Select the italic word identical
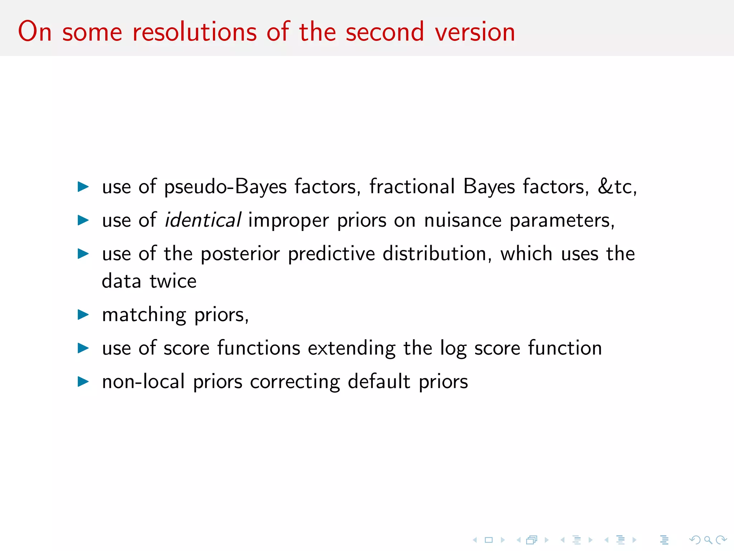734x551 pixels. click(x=202, y=220)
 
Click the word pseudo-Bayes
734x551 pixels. click(x=225, y=187)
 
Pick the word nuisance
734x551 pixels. click(x=463, y=220)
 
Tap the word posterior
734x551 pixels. click(x=240, y=254)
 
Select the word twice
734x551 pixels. click(x=173, y=281)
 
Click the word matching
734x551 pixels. click(x=144, y=315)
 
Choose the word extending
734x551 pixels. click(x=352, y=348)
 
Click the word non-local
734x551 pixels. click(x=143, y=381)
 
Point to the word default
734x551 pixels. click(x=379, y=381)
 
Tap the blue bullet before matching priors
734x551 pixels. click(x=83, y=315)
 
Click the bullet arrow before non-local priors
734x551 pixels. click(x=83, y=381)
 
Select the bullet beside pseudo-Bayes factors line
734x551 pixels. click(x=83, y=187)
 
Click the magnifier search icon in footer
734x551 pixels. click(x=708, y=540)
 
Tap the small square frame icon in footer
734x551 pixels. click(x=488, y=540)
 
